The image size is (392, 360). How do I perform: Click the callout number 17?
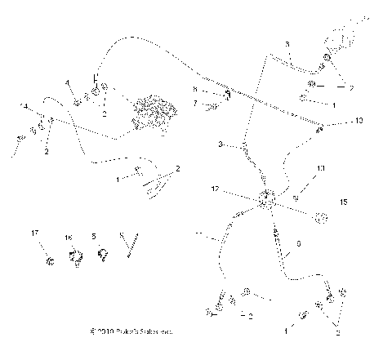pyautogui.click(x=34, y=233)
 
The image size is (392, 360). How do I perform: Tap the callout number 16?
pyautogui.click(x=69, y=237)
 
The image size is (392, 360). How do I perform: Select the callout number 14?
pyautogui.click(x=24, y=107)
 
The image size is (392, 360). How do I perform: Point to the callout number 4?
pyautogui.click(x=68, y=82)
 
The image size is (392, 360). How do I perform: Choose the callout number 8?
pyautogui.click(x=194, y=88)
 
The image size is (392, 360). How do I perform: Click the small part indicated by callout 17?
pyautogui.click(x=50, y=261)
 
